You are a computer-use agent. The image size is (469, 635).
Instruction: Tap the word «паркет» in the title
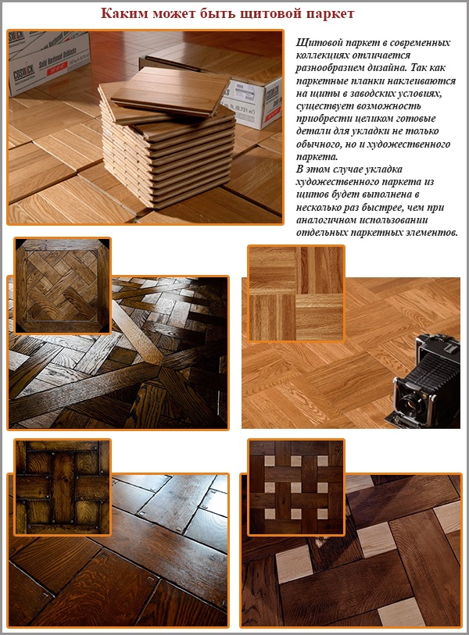point(345,14)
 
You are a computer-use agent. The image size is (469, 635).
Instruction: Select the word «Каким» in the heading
point(127,14)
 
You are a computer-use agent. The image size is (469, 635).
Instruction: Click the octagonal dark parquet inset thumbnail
point(62,286)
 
